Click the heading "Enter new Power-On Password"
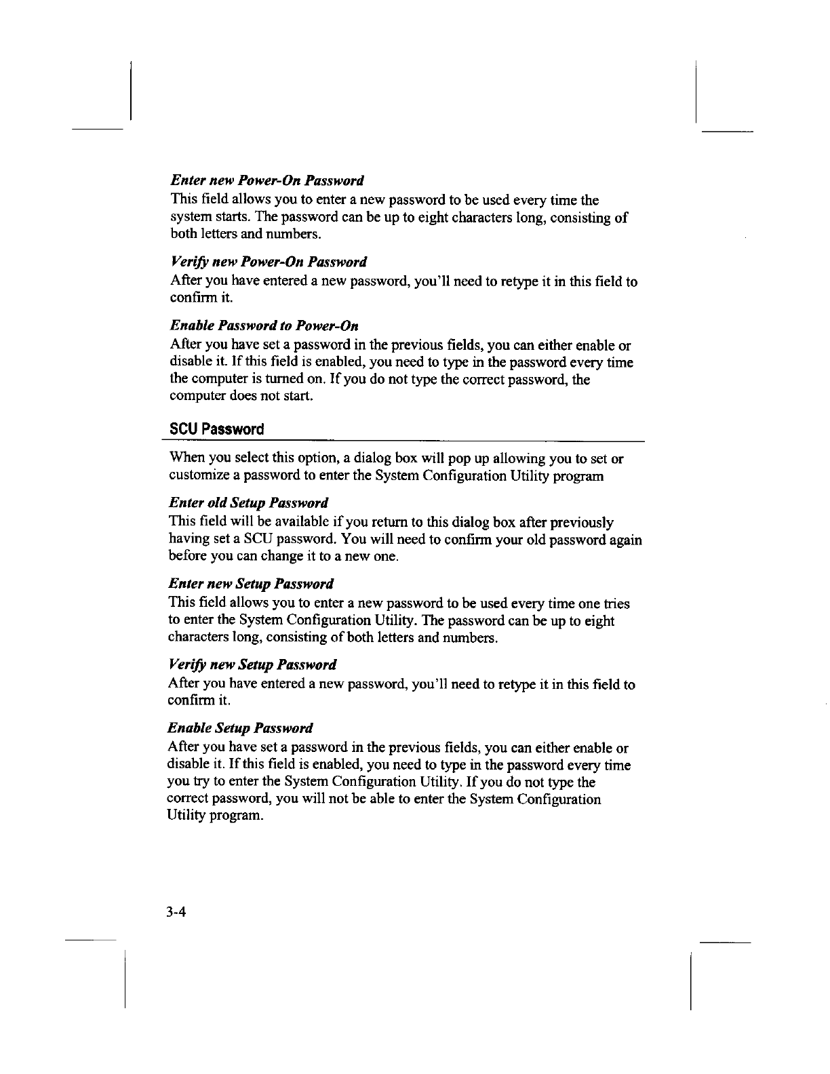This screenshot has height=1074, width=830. [267, 181]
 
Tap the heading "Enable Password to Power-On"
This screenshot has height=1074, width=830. [264, 326]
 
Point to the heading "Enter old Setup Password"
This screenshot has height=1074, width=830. [248, 503]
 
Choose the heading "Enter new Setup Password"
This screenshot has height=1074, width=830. [251, 584]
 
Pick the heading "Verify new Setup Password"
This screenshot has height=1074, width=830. [252, 664]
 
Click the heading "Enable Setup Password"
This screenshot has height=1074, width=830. [240, 729]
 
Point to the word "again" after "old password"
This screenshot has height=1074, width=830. [624, 540]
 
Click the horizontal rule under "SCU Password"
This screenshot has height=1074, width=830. [407, 441]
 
